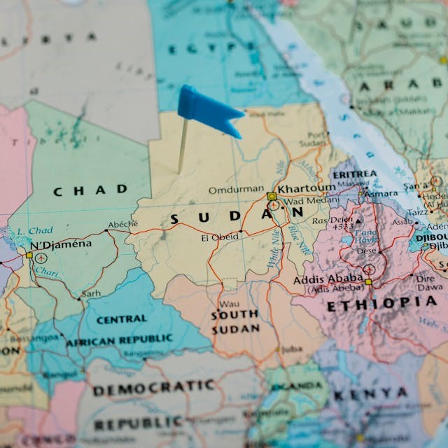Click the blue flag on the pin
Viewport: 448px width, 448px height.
click(206, 110)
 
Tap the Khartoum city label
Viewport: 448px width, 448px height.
click(307, 188)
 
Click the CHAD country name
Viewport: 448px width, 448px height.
click(91, 190)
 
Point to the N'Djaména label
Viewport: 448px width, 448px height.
click(61, 244)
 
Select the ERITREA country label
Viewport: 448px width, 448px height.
click(354, 174)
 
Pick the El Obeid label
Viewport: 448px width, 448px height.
click(219, 237)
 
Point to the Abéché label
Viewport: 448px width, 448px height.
click(122, 225)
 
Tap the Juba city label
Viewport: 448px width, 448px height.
click(294, 349)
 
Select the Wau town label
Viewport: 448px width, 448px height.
click(228, 304)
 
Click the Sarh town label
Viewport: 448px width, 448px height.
click(91, 294)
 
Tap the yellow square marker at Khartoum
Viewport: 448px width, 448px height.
click(271, 196)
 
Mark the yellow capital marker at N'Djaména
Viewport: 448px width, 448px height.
click(29, 255)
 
